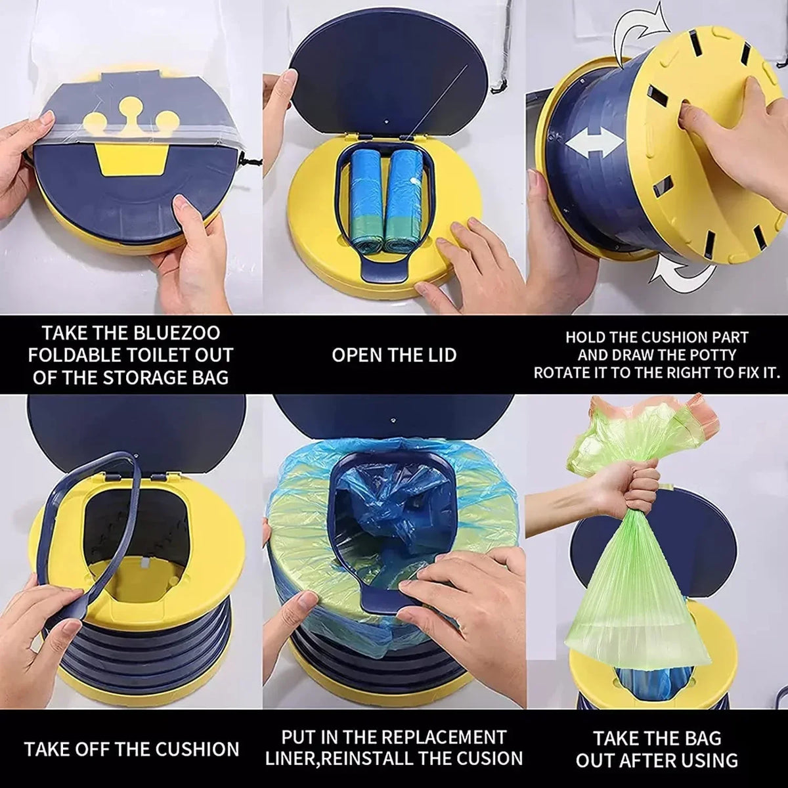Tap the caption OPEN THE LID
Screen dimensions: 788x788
[393, 355]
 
